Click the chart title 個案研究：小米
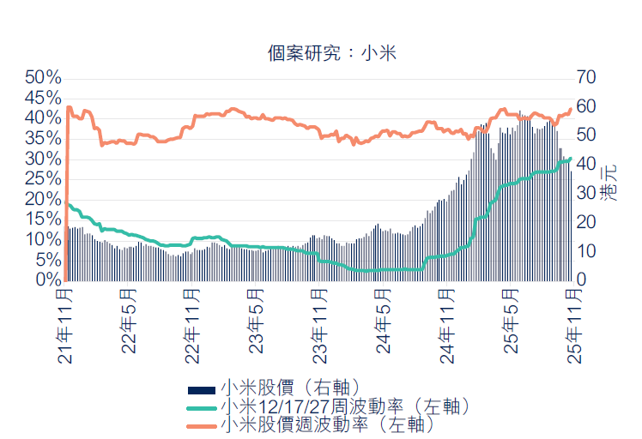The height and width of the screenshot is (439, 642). [331, 53]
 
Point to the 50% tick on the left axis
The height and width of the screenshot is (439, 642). [43, 77]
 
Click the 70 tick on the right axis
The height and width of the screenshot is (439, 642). [587, 77]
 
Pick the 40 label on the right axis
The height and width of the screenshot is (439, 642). [587, 164]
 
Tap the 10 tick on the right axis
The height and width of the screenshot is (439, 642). [587, 251]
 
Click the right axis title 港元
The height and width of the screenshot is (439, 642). [609, 181]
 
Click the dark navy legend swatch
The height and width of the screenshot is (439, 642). [202, 389]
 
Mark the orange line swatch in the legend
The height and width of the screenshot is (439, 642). [202, 424]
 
